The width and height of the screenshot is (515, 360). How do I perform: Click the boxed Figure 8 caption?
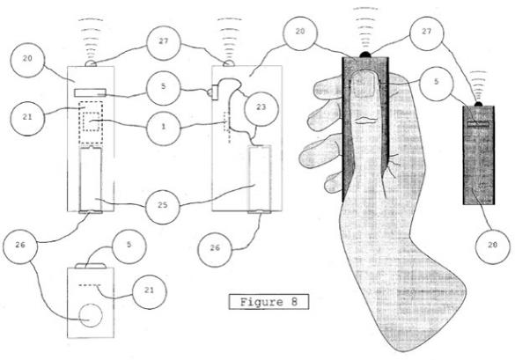(x=269, y=302)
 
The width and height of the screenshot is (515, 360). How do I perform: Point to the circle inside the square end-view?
(x=91, y=315)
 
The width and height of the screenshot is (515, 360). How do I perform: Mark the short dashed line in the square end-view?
(x=89, y=285)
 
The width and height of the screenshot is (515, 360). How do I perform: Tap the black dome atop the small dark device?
(x=479, y=104)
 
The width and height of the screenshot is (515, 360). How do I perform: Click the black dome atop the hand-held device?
(x=365, y=55)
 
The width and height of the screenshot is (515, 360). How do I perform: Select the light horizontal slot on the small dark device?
(x=478, y=124)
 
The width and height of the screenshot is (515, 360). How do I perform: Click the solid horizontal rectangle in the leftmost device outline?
(x=90, y=92)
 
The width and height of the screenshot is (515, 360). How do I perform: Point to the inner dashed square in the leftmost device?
(x=91, y=121)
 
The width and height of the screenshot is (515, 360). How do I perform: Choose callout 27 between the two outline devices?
(x=164, y=43)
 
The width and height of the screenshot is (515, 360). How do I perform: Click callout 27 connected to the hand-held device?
(x=426, y=33)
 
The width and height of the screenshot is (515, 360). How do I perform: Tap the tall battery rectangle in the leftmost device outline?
(x=91, y=180)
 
